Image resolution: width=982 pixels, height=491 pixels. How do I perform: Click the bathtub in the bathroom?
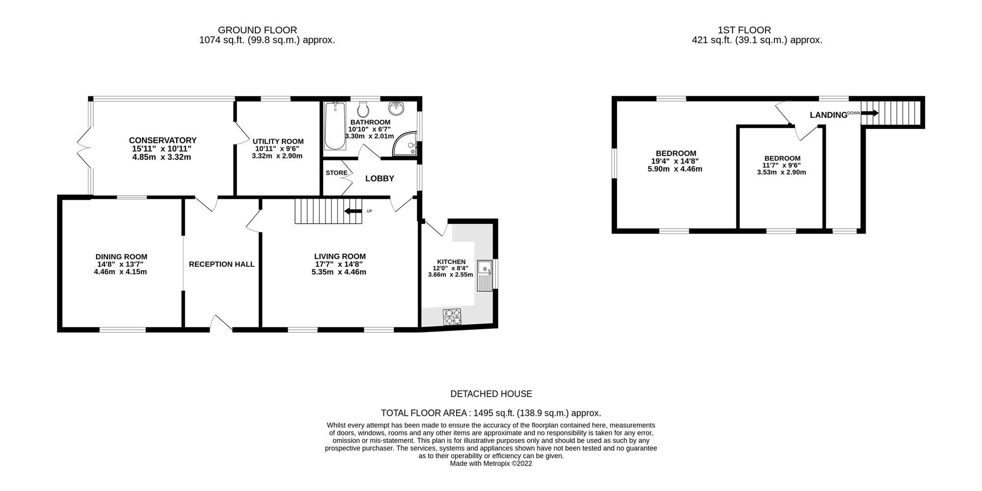335,126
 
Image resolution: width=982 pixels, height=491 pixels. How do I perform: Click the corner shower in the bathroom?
408,144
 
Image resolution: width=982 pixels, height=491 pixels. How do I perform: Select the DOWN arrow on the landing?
870,113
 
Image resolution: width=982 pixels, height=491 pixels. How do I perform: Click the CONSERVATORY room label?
163,141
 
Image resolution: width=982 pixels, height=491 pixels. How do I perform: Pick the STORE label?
336,173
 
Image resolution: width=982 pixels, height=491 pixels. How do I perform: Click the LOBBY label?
380,179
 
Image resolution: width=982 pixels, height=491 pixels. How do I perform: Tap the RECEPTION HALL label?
221,264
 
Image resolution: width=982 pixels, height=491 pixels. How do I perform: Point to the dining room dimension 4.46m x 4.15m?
120,272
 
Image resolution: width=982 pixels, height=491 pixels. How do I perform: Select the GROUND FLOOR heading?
257,30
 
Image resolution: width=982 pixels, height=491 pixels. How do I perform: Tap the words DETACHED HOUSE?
491,394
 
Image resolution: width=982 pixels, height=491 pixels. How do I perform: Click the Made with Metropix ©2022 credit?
491,464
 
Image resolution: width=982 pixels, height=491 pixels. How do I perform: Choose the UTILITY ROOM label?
278,142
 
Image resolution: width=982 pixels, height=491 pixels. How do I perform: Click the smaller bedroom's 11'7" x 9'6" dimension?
782,165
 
